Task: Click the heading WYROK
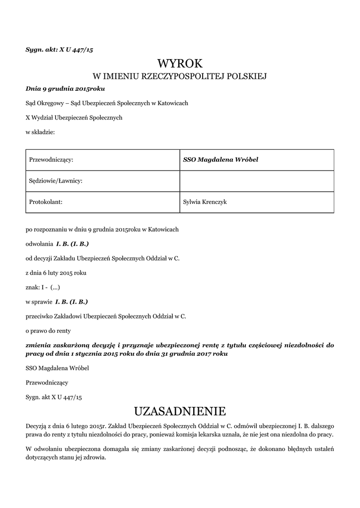tap(180, 63)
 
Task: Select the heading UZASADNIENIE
tap(180, 411)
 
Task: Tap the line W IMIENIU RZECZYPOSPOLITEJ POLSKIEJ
tap(180, 76)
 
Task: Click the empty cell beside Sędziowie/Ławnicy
tap(256, 181)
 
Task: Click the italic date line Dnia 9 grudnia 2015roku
tap(65, 89)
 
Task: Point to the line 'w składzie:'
tap(40, 132)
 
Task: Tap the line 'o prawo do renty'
tap(48, 330)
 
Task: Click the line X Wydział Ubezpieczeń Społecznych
tap(73, 118)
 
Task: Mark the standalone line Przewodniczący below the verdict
tap(47, 382)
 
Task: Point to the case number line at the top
tap(59, 50)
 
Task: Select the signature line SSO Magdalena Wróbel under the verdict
tap(57, 368)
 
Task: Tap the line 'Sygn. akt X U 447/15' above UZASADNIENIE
tap(54, 397)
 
